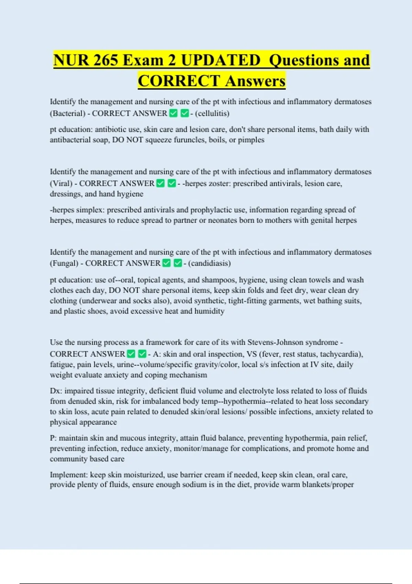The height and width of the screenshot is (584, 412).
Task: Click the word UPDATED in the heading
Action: pyautogui.click(x=220, y=60)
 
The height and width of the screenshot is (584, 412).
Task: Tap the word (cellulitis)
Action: pyautogui.click(x=212, y=113)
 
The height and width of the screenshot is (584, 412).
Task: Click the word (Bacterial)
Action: pyautogui.click(x=68, y=113)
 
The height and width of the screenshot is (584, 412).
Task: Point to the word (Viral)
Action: pyautogui.click(x=61, y=183)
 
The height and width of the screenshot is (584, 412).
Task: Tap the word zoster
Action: pyautogui.click(x=219, y=183)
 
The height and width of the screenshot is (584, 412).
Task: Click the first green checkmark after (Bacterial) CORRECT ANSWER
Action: pyautogui.click(x=174, y=113)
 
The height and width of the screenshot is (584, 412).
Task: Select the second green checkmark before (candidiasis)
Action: pyautogui.click(x=178, y=263)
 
